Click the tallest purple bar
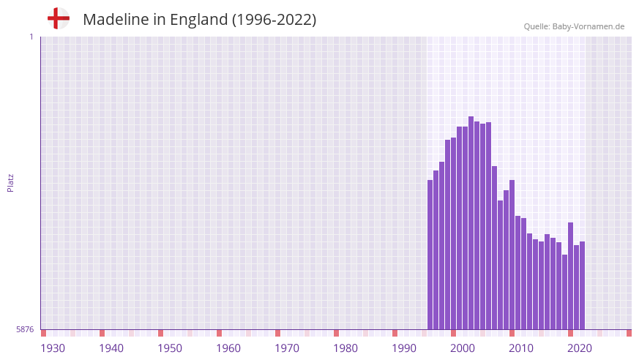pyautogui.click(x=471, y=222)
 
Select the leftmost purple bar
pyautogui.click(x=430, y=255)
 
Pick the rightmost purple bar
pyautogui.click(x=582, y=285)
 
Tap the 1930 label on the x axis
pyautogui.click(x=53, y=348)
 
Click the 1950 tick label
pyautogui.click(x=170, y=348)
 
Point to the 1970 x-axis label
pyautogui.click(x=287, y=348)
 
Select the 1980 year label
pyautogui.click(x=345, y=348)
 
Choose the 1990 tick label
pyautogui.click(x=404, y=348)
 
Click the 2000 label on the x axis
pyautogui.click(x=463, y=348)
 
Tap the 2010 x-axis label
pyautogui.click(x=521, y=348)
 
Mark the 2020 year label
pyautogui.click(x=580, y=348)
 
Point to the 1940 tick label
pyautogui.click(x=111, y=348)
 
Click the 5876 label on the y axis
pyautogui.click(x=25, y=330)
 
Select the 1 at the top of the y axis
pyautogui.click(x=31, y=37)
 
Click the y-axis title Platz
pyautogui.click(x=10, y=183)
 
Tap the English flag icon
pyautogui.click(x=58, y=18)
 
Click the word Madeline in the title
pyautogui.click(x=116, y=20)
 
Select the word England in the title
pyautogui.click(x=199, y=20)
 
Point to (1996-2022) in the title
pyautogui.click(x=274, y=20)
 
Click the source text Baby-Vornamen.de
pyautogui.click(x=588, y=26)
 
